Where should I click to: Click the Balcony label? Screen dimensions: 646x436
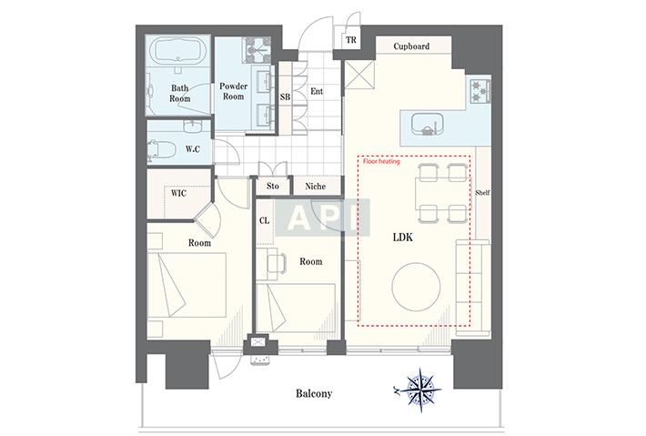pyautogui.click(x=314, y=393)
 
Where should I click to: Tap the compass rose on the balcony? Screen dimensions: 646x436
pyautogui.click(x=419, y=390)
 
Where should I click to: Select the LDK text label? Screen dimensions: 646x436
pyautogui.click(x=402, y=238)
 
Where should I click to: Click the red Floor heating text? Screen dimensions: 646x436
pyautogui.click(x=381, y=161)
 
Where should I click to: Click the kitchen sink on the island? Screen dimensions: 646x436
pyautogui.click(x=428, y=124)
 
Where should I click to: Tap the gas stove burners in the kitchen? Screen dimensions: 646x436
pyautogui.click(x=480, y=91)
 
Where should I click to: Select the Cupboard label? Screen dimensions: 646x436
pyautogui.click(x=411, y=46)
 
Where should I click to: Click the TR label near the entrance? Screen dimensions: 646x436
pyautogui.click(x=351, y=40)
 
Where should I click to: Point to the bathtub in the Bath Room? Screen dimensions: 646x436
pyautogui.click(x=178, y=51)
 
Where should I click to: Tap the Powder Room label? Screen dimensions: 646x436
pyautogui.click(x=233, y=92)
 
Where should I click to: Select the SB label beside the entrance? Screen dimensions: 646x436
pyautogui.click(x=285, y=96)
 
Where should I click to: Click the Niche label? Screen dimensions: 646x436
pyautogui.click(x=315, y=187)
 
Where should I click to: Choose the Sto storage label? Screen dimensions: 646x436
pyautogui.click(x=273, y=186)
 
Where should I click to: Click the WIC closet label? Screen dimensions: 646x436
pyautogui.click(x=178, y=193)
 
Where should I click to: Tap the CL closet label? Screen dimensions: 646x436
pyautogui.click(x=264, y=221)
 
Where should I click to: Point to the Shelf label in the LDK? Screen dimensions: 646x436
pyautogui.click(x=482, y=192)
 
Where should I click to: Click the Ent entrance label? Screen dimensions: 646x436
pyautogui.click(x=317, y=91)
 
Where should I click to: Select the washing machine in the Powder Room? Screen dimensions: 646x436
pyautogui.click(x=257, y=50)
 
